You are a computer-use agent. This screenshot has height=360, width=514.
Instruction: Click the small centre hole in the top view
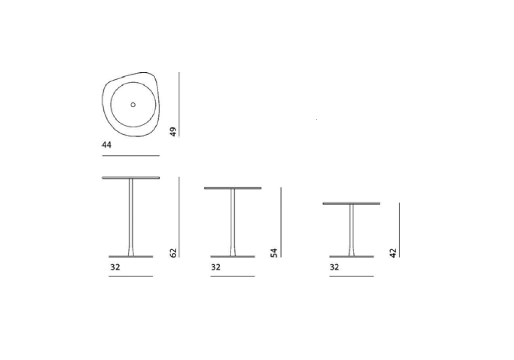[133, 104]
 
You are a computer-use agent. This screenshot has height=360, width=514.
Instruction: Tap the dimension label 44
[106, 145]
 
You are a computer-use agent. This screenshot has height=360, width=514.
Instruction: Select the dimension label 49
[173, 132]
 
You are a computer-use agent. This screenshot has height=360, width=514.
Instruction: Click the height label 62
[173, 253]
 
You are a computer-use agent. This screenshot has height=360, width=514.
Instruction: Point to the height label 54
[274, 253]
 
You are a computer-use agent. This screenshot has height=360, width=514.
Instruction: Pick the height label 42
[393, 253]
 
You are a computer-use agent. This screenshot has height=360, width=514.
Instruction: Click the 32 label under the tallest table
[115, 267]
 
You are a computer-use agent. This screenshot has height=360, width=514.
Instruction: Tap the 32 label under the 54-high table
[216, 267]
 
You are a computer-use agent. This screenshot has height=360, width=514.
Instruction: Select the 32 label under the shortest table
[335, 267]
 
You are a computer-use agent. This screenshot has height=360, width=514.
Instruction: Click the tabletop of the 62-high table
[131, 178]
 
